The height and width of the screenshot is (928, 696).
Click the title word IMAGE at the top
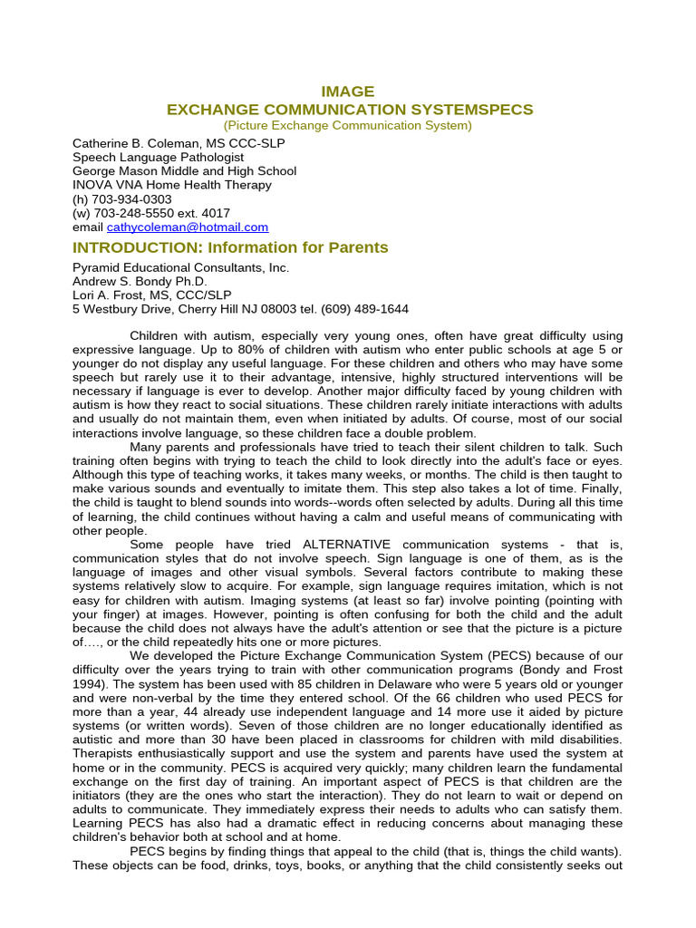click(x=348, y=92)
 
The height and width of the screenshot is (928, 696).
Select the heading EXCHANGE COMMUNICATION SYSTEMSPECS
click(x=350, y=110)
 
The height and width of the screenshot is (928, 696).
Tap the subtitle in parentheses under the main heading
click(x=348, y=125)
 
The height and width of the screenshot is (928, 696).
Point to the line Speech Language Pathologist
click(x=158, y=157)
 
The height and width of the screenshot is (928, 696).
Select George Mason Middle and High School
click(x=184, y=171)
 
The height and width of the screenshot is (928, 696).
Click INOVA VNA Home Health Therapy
click(x=171, y=185)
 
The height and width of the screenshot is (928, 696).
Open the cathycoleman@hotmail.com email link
click(x=188, y=227)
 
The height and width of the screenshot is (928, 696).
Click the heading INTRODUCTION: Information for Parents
click(x=230, y=247)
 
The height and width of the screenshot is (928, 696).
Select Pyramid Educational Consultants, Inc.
click(x=180, y=267)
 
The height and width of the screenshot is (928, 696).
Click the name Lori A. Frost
click(x=108, y=295)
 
